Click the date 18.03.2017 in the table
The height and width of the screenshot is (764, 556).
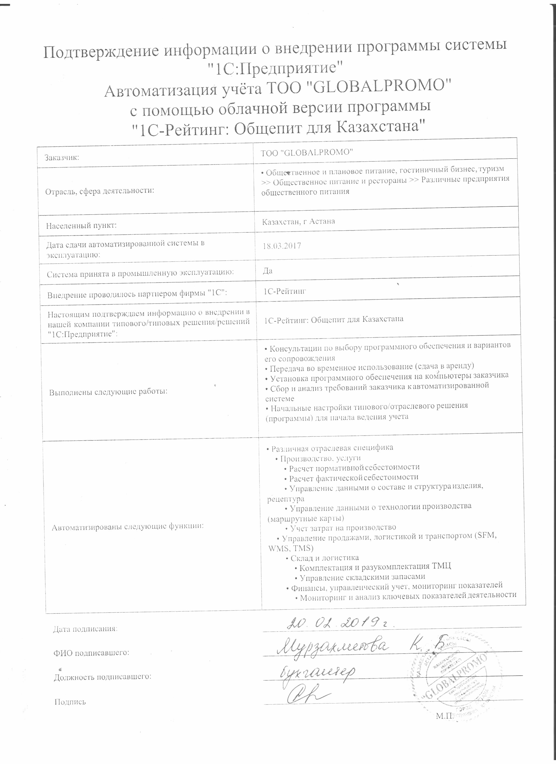click(x=282, y=246)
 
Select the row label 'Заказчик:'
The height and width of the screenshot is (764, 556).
click(x=62, y=157)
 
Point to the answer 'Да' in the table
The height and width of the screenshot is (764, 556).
click(x=268, y=271)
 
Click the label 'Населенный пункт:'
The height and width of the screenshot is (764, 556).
click(x=81, y=225)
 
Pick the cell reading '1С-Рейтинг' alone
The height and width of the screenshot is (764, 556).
click(x=285, y=291)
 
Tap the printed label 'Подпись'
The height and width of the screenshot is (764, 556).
click(x=70, y=702)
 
